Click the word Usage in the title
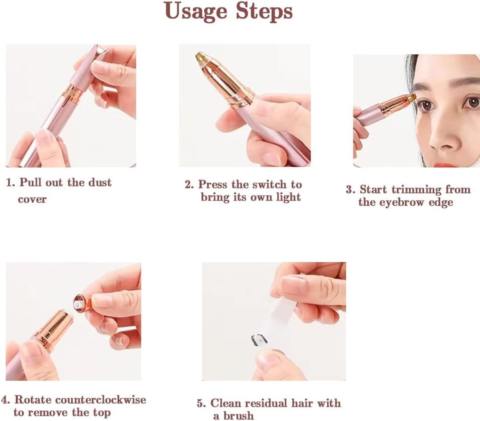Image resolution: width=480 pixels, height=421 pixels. coord(196,12)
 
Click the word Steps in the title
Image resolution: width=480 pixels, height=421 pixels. coord(264,12)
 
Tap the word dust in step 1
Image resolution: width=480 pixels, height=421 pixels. coord(100,182)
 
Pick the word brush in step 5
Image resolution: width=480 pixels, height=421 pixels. coord(238,416)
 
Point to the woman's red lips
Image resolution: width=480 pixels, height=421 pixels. coord(437,164)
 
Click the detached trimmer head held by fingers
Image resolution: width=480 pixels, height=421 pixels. coord(82,304)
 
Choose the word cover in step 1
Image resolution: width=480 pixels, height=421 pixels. coord(32,200)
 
